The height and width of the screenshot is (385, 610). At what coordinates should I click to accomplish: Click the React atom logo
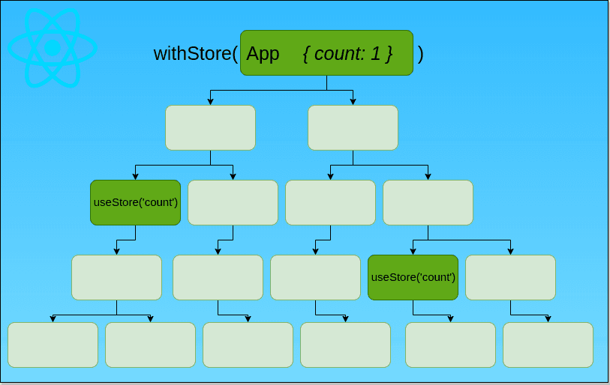[53, 48]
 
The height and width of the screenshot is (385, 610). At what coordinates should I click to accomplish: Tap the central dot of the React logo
[53, 48]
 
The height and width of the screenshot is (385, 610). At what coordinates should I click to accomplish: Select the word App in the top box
[263, 54]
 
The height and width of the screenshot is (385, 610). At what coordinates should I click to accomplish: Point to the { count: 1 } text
[347, 54]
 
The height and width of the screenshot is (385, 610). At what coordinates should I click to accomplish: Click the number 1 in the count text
[375, 54]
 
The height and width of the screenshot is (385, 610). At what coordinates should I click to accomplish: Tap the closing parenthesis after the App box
[420, 54]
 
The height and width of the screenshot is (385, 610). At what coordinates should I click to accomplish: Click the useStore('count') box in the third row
[135, 202]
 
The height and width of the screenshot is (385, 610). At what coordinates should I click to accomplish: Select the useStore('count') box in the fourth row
[413, 277]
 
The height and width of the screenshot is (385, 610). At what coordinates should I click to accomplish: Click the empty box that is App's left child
[210, 127]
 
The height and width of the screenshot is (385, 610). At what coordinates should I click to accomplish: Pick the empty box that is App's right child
[353, 127]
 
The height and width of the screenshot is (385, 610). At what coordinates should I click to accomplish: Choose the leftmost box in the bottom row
[53, 345]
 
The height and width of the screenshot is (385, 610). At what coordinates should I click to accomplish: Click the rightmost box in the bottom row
[548, 345]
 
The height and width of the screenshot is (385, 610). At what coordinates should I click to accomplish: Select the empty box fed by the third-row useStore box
[116, 277]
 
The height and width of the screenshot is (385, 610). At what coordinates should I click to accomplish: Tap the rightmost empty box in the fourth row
[510, 277]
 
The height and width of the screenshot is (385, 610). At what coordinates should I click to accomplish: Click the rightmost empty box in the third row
[428, 202]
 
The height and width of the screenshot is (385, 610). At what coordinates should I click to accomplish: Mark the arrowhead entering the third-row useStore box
[135, 176]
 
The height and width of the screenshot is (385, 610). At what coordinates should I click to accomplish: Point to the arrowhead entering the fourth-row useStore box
[413, 251]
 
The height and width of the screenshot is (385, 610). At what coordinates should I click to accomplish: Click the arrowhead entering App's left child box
[210, 101]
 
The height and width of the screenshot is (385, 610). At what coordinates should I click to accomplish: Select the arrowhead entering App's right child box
[353, 101]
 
